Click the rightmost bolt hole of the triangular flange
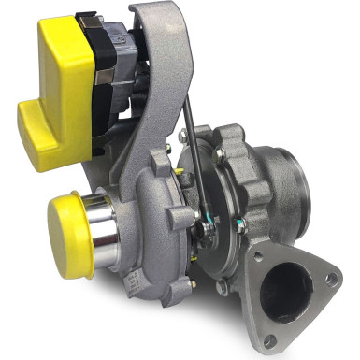click(x=330, y=278)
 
